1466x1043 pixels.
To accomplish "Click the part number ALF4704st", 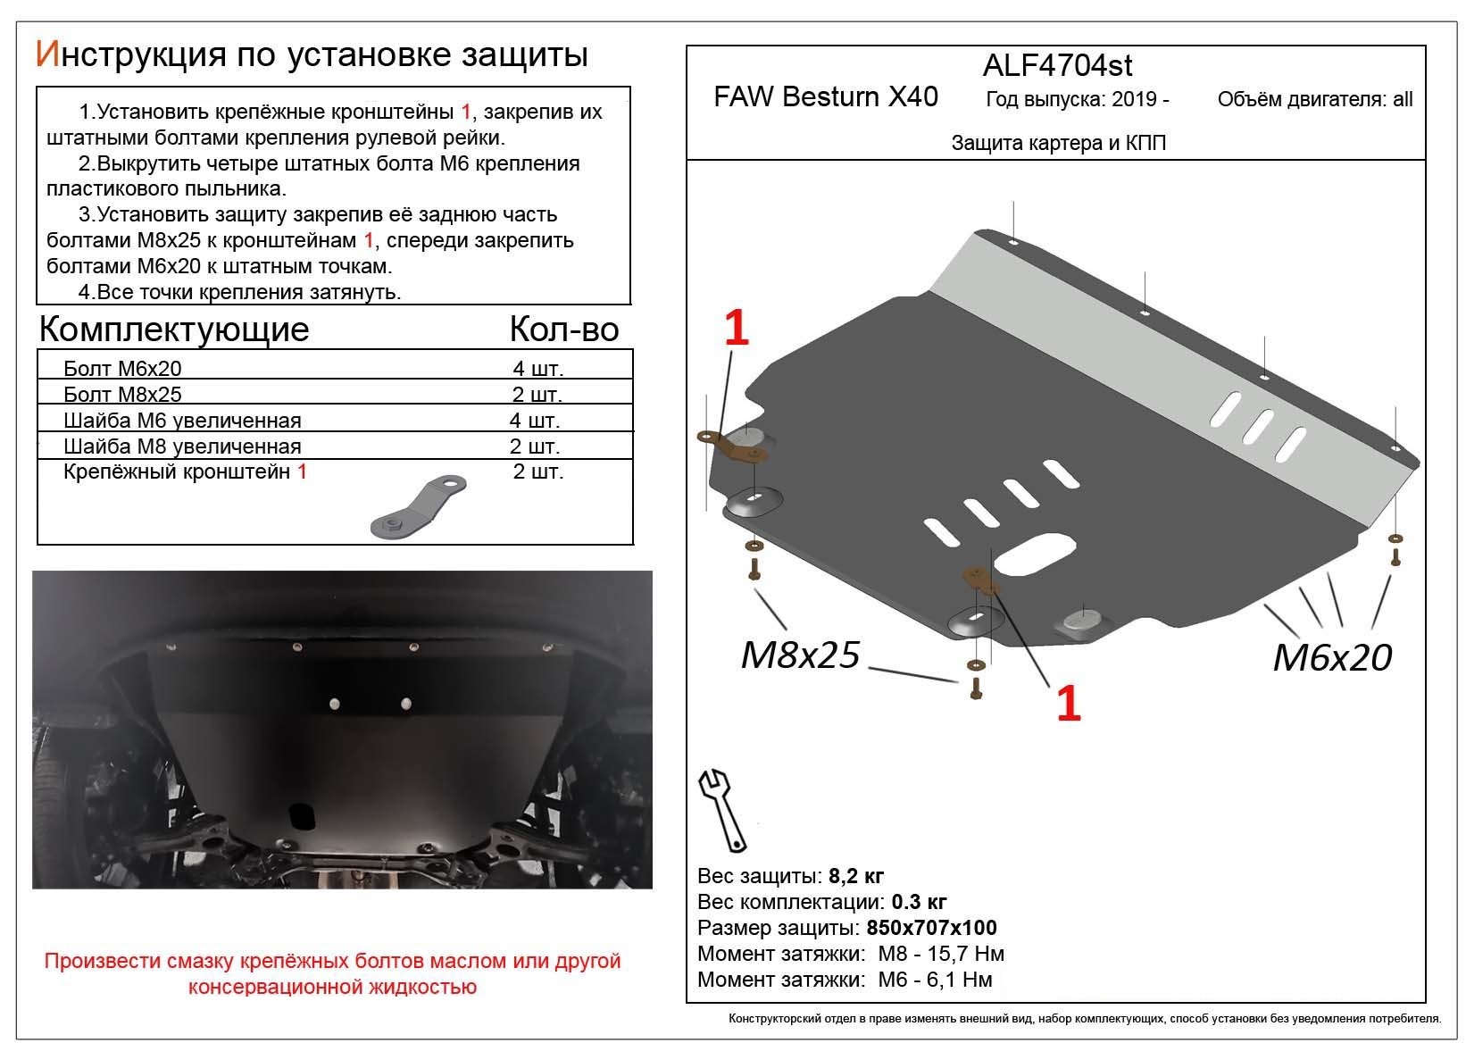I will (1057, 65).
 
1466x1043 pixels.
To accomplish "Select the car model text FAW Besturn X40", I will (825, 96).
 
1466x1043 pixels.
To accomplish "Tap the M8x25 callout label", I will (799, 655).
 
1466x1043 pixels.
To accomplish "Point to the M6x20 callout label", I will (1331, 658).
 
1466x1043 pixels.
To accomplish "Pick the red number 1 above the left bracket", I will (735, 329).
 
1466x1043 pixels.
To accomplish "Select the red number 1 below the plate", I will (1068, 703).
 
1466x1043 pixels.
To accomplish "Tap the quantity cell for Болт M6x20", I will (537, 369).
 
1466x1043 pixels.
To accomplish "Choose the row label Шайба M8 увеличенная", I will (182, 446).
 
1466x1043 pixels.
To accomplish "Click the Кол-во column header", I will (563, 330).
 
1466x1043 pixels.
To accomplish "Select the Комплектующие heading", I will (174, 330).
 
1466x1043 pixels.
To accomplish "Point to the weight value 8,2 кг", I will (855, 875).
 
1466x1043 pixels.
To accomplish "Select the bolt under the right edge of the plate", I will (1395, 557).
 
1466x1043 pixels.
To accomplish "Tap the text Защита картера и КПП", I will (1058, 143).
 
